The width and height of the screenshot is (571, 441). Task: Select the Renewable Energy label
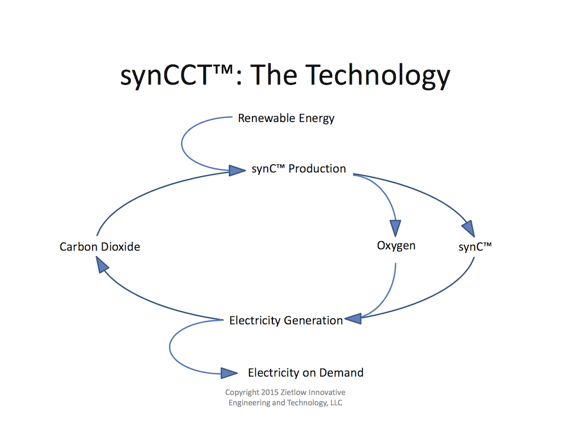(286, 119)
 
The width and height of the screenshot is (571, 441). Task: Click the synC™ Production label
(299, 169)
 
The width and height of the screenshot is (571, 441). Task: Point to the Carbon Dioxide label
(100, 247)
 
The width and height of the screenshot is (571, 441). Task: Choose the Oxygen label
(396, 246)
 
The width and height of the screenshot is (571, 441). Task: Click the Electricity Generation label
(285, 321)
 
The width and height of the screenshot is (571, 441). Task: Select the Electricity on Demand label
(305, 373)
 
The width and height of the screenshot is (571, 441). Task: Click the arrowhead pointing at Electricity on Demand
(229, 373)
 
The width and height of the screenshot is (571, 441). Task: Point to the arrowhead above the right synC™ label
(469, 228)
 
